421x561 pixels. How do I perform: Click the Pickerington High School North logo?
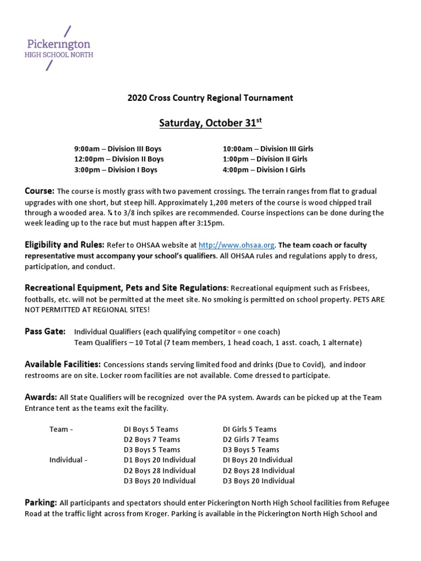[60, 48]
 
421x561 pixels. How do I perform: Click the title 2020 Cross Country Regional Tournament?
[210, 98]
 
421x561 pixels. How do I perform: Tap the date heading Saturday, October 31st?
[210, 123]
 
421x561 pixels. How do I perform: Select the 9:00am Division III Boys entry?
[118, 148]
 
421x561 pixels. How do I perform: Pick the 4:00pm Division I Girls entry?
[264, 169]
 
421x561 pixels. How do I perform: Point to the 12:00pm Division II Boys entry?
[119, 159]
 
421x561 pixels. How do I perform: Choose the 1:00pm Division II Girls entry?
[265, 159]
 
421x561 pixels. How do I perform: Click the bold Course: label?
[39, 191]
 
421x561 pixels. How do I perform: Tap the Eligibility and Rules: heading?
[64, 245]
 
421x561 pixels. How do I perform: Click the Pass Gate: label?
[45, 331]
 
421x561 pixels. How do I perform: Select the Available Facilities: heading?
[62, 364]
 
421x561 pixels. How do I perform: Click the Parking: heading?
[41, 502]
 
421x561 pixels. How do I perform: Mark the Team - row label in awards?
[61, 430]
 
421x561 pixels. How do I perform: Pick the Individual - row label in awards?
[68, 460]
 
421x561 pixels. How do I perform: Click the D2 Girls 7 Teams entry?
[251, 439]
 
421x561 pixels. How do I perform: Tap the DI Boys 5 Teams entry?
[151, 430]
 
